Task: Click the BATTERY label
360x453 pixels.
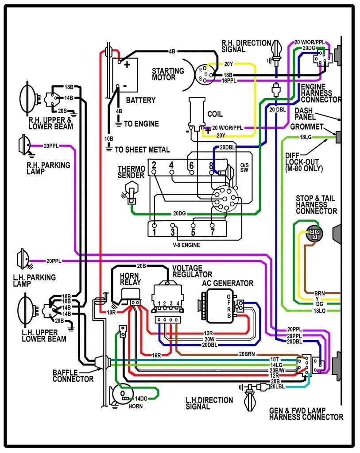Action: point(141,100)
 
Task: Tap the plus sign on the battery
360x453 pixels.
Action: point(127,65)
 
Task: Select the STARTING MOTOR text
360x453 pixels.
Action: point(168,74)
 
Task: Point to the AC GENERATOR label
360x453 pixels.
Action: point(228,283)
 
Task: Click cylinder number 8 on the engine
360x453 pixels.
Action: point(211,165)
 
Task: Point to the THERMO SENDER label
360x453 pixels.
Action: point(131,172)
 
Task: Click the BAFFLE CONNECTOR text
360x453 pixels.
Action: point(73,376)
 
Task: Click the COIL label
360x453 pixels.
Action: point(215,114)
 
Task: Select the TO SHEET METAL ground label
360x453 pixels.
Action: point(142,150)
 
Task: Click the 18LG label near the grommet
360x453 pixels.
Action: point(306,138)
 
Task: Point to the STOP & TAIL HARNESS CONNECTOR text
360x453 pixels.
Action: point(317,204)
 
